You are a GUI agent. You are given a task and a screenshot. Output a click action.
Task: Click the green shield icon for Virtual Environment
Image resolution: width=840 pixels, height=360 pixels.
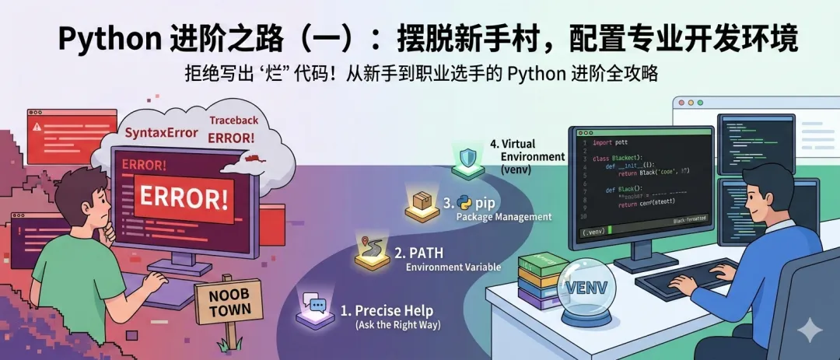click(468, 159)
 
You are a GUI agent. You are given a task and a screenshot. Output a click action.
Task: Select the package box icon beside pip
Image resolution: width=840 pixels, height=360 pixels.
click(422, 204)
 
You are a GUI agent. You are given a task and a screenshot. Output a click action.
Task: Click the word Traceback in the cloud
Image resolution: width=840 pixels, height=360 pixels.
click(233, 121)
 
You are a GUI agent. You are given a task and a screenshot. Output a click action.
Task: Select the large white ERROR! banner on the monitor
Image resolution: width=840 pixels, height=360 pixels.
click(184, 197)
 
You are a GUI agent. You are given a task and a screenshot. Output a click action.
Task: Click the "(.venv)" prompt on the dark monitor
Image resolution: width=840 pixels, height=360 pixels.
click(594, 230)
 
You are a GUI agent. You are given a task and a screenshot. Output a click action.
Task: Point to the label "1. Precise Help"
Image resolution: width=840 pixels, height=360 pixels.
click(387, 312)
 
